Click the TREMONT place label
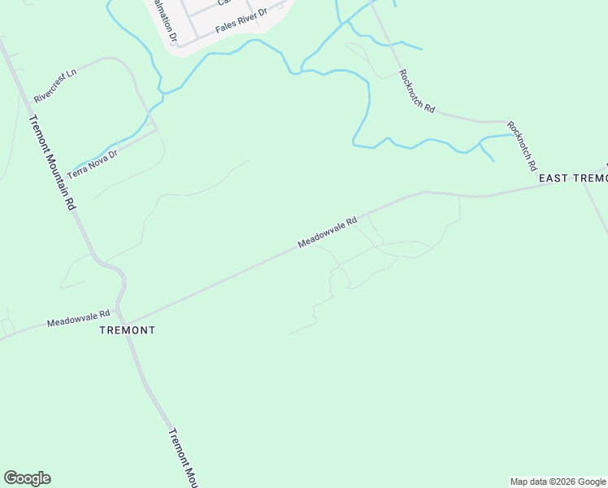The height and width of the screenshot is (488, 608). point(127,331)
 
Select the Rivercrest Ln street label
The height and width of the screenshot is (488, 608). point(54,85)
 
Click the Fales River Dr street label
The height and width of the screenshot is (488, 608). point(241,21)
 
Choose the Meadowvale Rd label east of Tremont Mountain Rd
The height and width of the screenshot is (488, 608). point(328,232)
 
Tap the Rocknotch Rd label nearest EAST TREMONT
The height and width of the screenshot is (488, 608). point(522,145)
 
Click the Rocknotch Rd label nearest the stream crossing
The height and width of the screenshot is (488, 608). point(417,90)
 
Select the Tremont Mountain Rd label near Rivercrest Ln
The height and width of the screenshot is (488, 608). point(51,163)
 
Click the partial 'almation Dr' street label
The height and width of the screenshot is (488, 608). point(172,22)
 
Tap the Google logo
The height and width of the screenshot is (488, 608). point(27,478)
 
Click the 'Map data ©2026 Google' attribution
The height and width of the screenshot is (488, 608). point(558,481)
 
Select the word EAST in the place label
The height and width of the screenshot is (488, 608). point(553,178)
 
